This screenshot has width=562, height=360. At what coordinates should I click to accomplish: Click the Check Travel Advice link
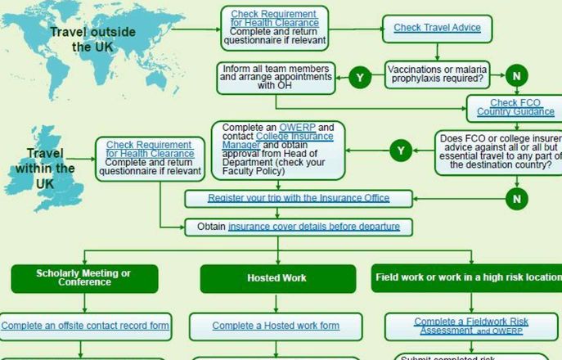(x=437, y=28)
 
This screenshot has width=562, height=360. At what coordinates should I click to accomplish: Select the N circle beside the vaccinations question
(x=516, y=76)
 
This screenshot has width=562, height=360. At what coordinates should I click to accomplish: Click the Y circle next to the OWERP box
(x=401, y=150)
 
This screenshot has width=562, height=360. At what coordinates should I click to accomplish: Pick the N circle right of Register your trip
(x=516, y=199)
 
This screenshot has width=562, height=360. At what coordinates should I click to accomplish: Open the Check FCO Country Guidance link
(x=515, y=107)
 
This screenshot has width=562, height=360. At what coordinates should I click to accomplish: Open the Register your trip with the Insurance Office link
(x=299, y=198)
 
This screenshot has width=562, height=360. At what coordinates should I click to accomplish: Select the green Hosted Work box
(x=277, y=278)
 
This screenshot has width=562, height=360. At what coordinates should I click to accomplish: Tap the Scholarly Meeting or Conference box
(x=83, y=278)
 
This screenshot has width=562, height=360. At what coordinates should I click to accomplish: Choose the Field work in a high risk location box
(x=466, y=278)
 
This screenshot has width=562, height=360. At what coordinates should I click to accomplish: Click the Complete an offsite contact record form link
(x=85, y=326)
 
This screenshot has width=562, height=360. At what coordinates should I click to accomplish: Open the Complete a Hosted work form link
(x=276, y=326)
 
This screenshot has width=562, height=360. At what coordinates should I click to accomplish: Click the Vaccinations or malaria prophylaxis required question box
(x=438, y=76)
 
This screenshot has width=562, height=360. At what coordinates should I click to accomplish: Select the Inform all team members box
(x=276, y=76)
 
